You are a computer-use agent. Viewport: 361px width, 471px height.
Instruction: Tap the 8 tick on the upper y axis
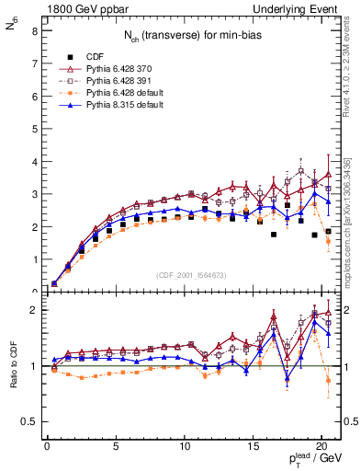(x=34, y=30)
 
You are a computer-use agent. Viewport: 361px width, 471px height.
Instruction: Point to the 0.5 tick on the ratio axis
(x=29, y=421)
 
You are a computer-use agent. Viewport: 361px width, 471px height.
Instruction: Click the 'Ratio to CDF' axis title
(x=12, y=379)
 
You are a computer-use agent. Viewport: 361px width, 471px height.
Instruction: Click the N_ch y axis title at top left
(x=11, y=28)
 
